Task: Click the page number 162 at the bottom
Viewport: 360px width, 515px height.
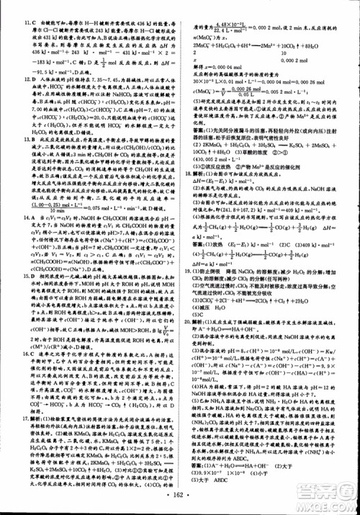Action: (x=181, y=498)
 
